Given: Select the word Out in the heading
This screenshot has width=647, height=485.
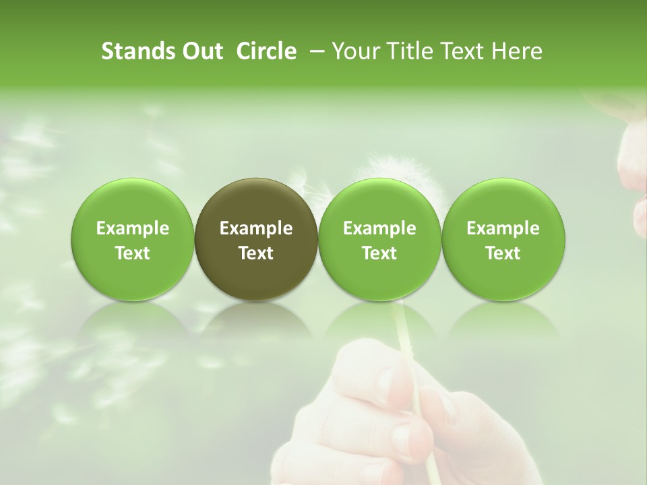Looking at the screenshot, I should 200,51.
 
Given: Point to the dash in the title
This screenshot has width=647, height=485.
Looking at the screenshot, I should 317,51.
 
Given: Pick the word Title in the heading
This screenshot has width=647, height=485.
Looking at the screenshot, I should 407,51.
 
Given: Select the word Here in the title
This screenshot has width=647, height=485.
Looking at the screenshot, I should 517,51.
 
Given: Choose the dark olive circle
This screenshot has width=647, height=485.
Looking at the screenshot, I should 256,239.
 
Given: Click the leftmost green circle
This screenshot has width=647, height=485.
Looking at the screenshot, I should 132,239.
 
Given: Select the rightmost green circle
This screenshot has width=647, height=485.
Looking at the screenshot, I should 503,239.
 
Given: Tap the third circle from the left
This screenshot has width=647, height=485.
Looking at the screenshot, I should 379,239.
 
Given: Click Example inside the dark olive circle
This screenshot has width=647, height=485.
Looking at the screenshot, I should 256,228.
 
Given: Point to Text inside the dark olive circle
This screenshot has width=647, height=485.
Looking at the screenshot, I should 256,253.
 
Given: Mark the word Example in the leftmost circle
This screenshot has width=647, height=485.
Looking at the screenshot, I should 132,228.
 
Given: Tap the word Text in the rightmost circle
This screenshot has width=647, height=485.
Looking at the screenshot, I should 503,253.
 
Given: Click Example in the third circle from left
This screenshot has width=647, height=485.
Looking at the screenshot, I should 379,228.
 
